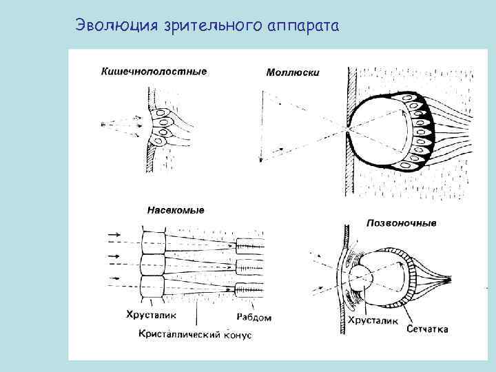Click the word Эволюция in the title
coord(118,25)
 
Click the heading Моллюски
coord(292,72)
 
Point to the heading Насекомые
coord(176,210)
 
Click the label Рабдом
coord(254,318)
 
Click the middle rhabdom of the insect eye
coord(249,266)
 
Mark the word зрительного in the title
coord(213,26)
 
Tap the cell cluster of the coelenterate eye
coord(161,126)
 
